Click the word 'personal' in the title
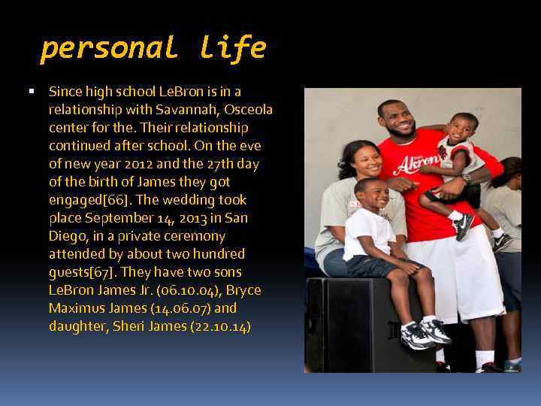pyautogui.click(x=108, y=48)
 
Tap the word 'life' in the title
pyautogui.click(x=233, y=48)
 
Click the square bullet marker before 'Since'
pyautogui.click(x=31, y=92)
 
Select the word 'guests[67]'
pyautogui.click(x=81, y=272)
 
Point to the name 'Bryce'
pyautogui.click(x=243, y=290)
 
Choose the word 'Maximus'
pyautogui.click(x=75, y=308)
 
